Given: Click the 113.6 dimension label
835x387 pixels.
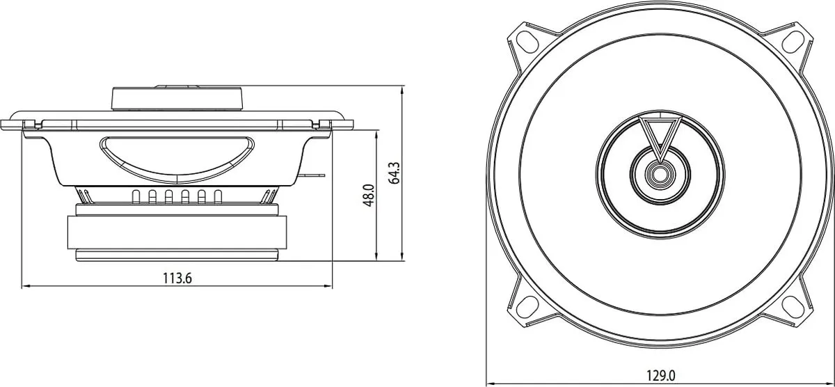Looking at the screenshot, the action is click(x=177, y=278).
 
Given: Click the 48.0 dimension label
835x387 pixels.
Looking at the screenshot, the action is click(x=369, y=196).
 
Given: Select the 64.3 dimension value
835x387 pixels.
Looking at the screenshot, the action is click(x=394, y=173).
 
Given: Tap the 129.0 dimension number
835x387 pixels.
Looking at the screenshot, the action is click(x=660, y=375).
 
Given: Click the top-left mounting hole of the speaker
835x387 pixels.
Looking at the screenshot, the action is click(x=528, y=42).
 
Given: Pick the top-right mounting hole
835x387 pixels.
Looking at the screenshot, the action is click(x=792, y=42).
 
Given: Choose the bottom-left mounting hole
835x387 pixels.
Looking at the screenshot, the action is click(x=527, y=307).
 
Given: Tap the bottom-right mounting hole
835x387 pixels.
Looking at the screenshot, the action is click(x=793, y=307).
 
